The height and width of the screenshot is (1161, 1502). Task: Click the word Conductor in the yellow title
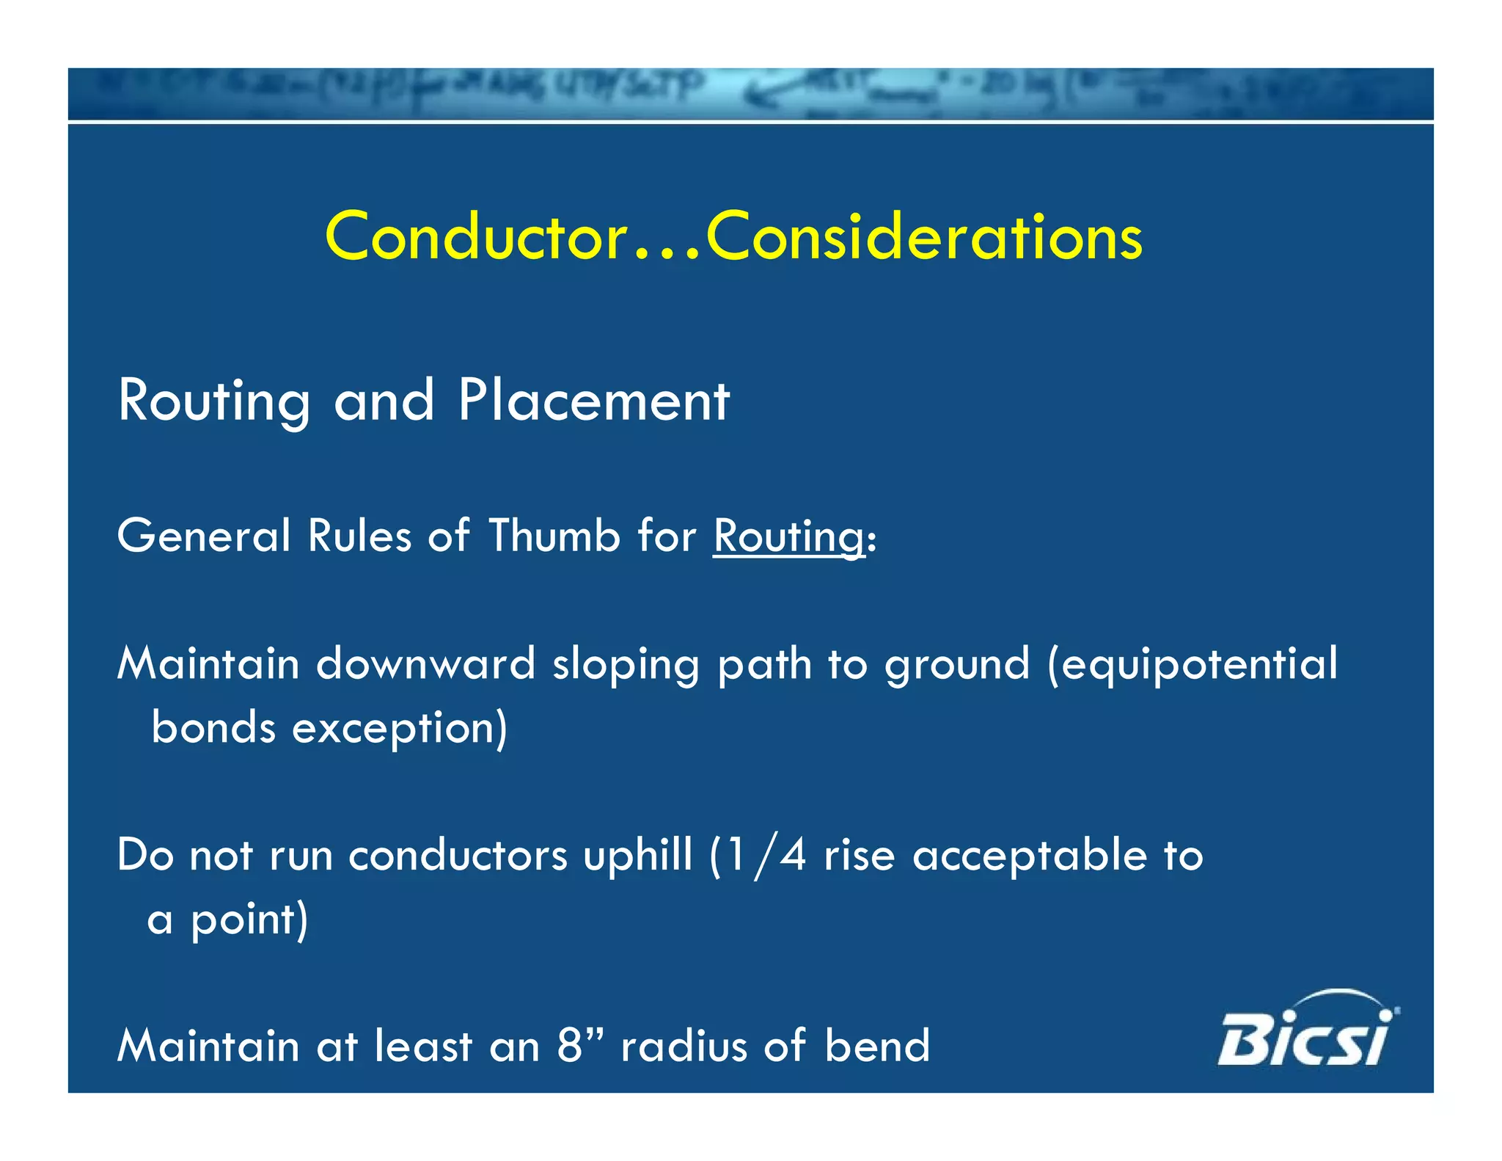(477, 237)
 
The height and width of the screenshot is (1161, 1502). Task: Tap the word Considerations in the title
(924, 237)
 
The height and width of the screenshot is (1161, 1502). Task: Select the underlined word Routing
(789, 536)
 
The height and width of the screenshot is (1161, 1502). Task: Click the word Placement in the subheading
(594, 401)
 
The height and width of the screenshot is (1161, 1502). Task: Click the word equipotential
(1199, 665)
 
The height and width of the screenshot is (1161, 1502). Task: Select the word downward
(425, 664)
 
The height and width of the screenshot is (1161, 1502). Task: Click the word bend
(877, 1046)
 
